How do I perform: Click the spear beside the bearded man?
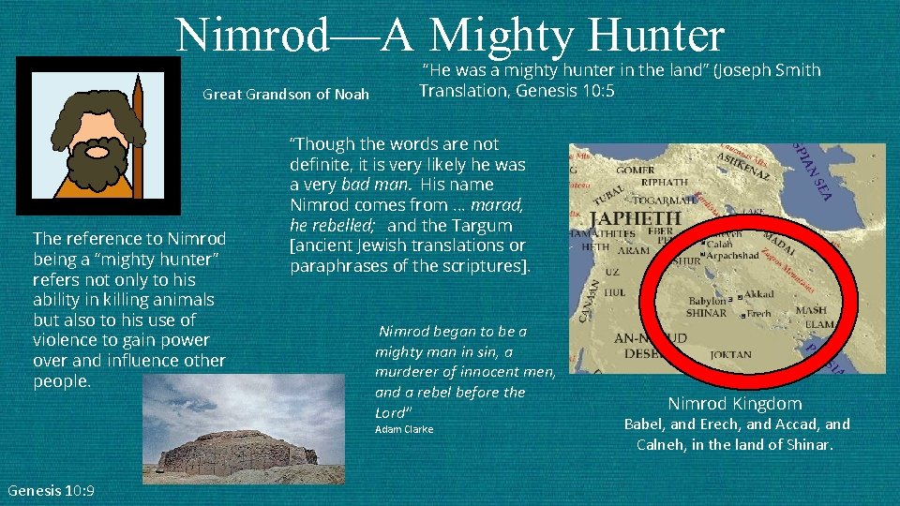coord(138,131)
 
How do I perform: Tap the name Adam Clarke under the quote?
coord(404,429)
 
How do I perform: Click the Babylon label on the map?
coord(708,303)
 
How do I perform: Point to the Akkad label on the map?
coord(759,294)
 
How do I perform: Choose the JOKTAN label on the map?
coord(730,355)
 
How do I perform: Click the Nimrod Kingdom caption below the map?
coord(734,404)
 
